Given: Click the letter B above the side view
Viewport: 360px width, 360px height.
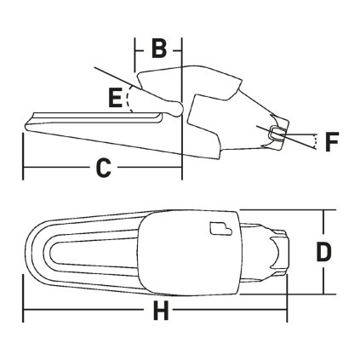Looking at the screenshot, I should tap(158, 49).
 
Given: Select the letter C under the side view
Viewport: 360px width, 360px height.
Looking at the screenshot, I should tap(102, 169).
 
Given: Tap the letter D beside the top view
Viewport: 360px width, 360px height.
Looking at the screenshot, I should tap(323, 251).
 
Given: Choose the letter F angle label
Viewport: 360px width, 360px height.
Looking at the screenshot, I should tap(333, 140).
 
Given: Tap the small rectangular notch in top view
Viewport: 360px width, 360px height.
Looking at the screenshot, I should tap(220, 227).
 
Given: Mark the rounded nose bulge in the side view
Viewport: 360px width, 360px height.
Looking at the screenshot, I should tap(174, 107).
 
